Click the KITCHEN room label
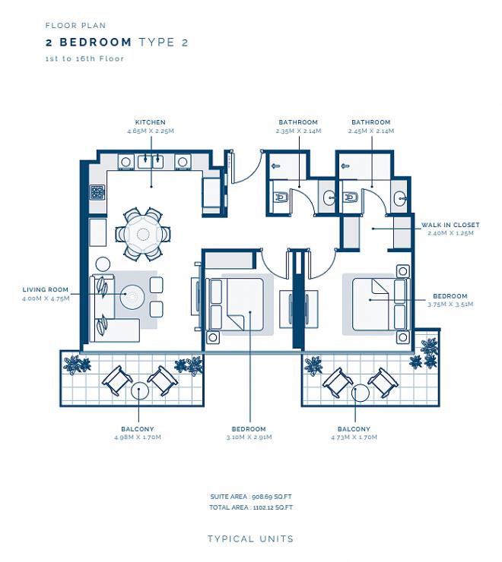pyautogui.click(x=150, y=122)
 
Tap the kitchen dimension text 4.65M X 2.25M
pyautogui.click(x=151, y=131)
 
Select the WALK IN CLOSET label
pyautogui.click(x=450, y=225)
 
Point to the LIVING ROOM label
pyautogui.click(x=45, y=289)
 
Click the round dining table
pyautogui.click(x=143, y=235)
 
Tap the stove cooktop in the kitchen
pyautogui.click(x=97, y=192)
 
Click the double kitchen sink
pyautogui.click(x=151, y=162)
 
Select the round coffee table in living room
pyautogui.click(x=132, y=296)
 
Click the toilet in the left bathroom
pyautogui.click(x=281, y=197)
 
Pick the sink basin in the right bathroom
pyautogui.click(x=400, y=197)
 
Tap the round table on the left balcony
pyautogui.click(x=140, y=390)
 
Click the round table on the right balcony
pyautogui.click(x=361, y=393)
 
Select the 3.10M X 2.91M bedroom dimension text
pyautogui.click(x=249, y=437)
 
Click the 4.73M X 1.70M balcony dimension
pyautogui.click(x=354, y=437)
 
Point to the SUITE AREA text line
pyautogui.click(x=251, y=497)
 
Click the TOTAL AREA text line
pyautogui.click(x=251, y=507)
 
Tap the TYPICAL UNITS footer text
pyautogui.click(x=251, y=539)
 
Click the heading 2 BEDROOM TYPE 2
pyautogui.click(x=116, y=43)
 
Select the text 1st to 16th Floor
pyautogui.click(x=84, y=58)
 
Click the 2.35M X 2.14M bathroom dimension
pyautogui.click(x=298, y=131)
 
